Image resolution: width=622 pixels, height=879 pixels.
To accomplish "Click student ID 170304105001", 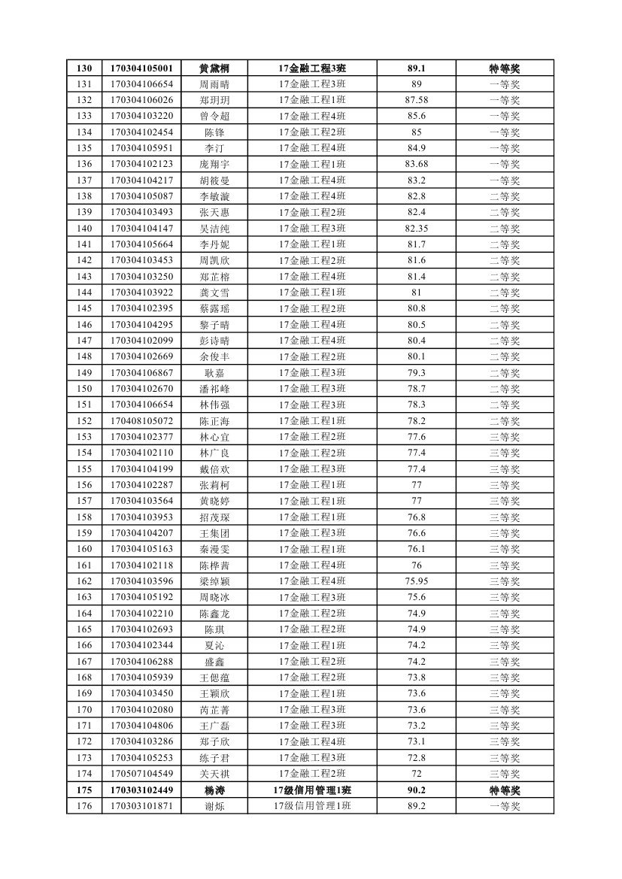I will click(x=141, y=68).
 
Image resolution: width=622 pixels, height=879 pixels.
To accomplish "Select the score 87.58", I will click(x=416, y=100).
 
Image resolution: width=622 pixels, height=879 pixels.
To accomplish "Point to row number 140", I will click(x=84, y=229).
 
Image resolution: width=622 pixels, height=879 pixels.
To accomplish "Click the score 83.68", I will click(x=416, y=165).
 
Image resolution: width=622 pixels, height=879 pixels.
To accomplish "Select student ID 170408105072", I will click(x=141, y=421).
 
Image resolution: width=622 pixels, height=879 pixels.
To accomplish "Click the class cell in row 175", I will click(x=312, y=790).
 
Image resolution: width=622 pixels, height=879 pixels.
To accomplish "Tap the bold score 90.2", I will click(x=416, y=790).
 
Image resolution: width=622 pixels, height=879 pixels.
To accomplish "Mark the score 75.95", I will click(x=416, y=581).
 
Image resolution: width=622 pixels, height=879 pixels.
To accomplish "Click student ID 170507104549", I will click(x=141, y=774).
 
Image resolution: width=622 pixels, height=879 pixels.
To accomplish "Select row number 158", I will click(x=84, y=517).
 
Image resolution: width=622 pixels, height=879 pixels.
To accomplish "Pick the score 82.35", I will click(x=416, y=229).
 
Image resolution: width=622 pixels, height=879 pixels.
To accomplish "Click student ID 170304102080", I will click(x=141, y=710).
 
